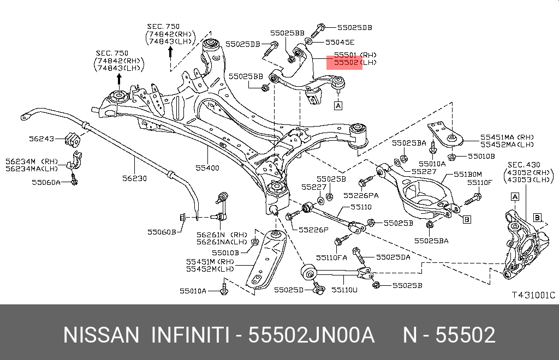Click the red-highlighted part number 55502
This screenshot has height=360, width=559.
pyautogui.click(x=346, y=63)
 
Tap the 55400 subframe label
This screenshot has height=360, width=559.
pyautogui.click(x=207, y=167)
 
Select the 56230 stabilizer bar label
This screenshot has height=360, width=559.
pyautogui.click(x=134, y=178)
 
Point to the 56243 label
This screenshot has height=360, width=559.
pyautogui.click(x=41, y=139)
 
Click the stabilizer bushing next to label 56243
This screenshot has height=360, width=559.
pyautogui.click(x=73, y=139)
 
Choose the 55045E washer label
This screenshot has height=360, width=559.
pyautogui.click(x=340, y=43)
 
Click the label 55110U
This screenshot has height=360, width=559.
pyautogui.click(x=344, y=290)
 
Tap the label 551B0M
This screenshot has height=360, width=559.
pyautogui.click(x=468, y=175)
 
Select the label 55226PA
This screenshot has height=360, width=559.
pyautogui.click(x=361, y=195)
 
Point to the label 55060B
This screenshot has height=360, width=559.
pyautogui.click(x=162, y=232)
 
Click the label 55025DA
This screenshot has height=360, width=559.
pyautogui.click(x=393, y=257)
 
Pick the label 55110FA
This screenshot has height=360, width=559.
pyautogui.click(x=331, y=257)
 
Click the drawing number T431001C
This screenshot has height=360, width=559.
pyautogui.click(x=534, y=295)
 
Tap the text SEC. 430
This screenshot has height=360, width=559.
pyautogui.click(x=524, y=165)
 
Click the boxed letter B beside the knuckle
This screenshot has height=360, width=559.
pyautogui.click(x=537, y=218)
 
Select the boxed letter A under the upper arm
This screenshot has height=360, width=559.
pyautogui.click(x=338, y=105)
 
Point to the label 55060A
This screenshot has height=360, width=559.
pyautogui.click(x=46, y=182)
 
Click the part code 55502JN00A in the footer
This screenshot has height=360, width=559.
pyautogui.click(x=311, y=335)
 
